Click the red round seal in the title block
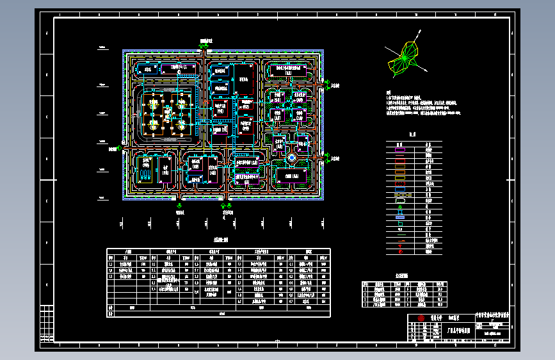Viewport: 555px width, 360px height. pyautogui.click(x=421, y=318)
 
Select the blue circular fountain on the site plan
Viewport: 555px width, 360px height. pyautogui.click(x=291, y=157)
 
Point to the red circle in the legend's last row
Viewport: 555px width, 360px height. pyautogui.click(x=400, y=252)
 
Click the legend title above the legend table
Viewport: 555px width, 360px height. pyautogui.click(x=413, y=135)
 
